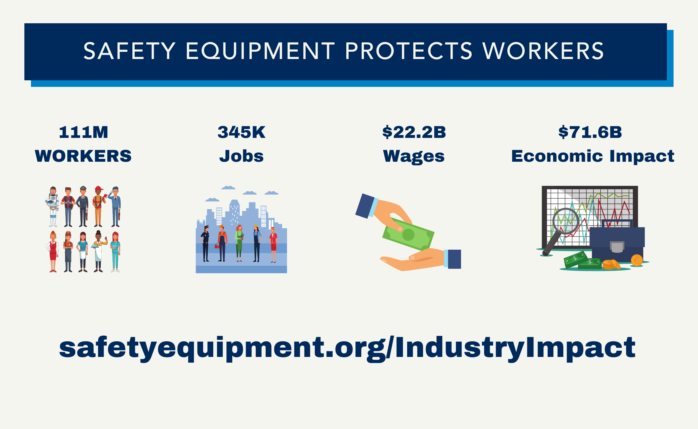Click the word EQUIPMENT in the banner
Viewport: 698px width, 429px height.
[260, 51]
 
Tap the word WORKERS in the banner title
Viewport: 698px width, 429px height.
[543, 51]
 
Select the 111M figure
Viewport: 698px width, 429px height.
[83, 132]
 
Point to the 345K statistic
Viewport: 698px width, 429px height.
[241, 132]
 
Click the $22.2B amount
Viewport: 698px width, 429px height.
[414, 132]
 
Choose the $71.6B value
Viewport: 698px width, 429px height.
[590, 132]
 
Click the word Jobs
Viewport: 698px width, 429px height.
[241, 156]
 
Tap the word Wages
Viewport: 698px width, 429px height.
[414, 157]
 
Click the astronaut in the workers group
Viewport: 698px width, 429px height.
[53, 206]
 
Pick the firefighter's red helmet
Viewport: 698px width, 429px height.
[99, 188]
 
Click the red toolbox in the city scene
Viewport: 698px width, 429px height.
[217, 246]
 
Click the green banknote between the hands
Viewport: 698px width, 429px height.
[408, 234]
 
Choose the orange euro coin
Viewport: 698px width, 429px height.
[637, 260]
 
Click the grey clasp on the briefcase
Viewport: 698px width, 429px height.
[617, 247]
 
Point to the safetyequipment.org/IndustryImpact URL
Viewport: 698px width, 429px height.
[347, 348]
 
